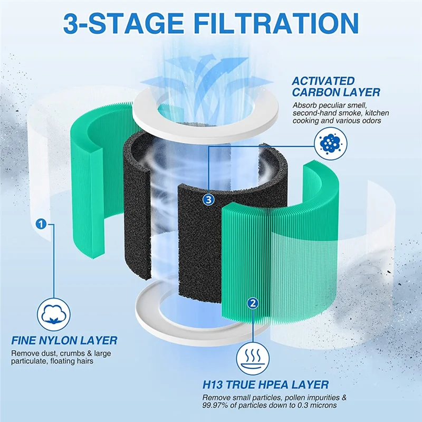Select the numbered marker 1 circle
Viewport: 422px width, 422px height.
(x=41, y=224)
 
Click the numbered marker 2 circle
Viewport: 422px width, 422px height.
(x=253, y=303)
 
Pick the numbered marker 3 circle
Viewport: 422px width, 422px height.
(x=209, y=199)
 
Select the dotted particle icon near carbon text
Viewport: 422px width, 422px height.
(x=330, y=143)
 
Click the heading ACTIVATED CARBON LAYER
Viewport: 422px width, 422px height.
(x=335, y=87)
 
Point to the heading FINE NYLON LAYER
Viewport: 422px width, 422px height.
(x=64, y=341)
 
